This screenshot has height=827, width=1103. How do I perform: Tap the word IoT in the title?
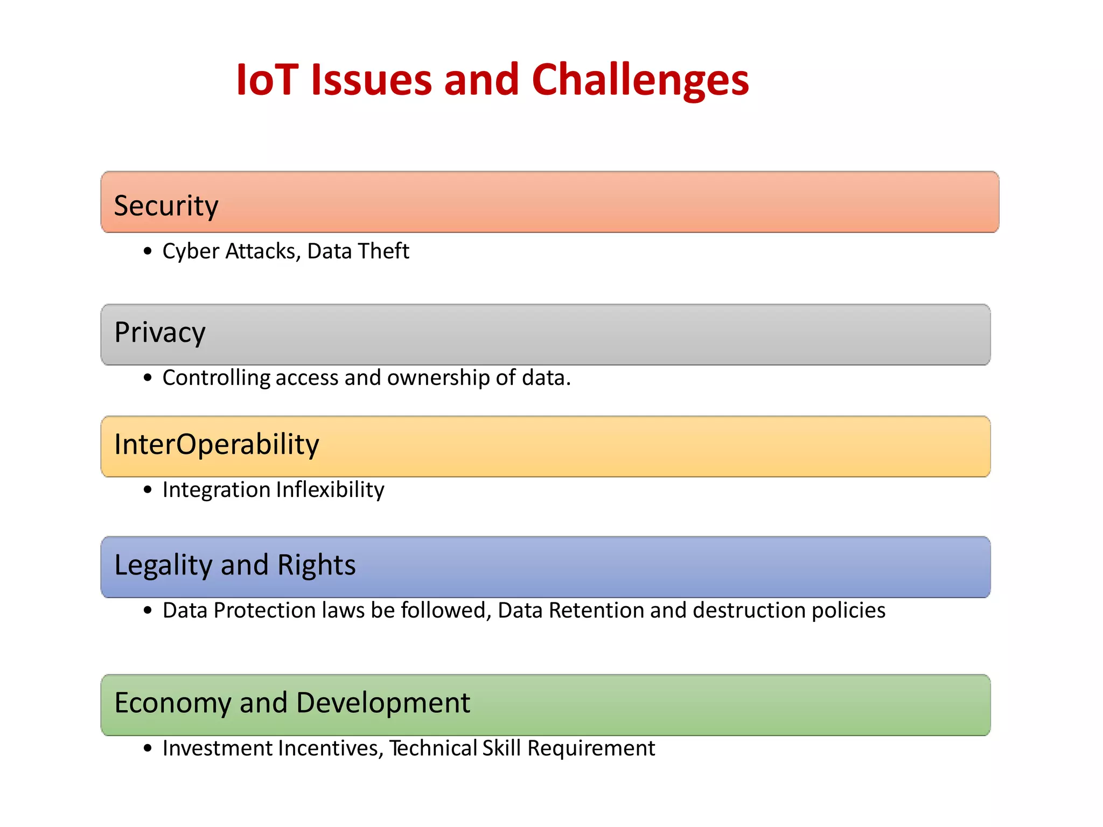[x=267, y=81]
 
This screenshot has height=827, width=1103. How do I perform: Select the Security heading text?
[x=166, y=206]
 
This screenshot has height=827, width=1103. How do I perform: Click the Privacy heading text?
[x=159, y=333]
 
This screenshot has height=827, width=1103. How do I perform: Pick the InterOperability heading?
[x=217, y=445]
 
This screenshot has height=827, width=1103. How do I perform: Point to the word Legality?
[x=163, y=565]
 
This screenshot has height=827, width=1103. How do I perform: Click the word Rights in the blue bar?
[x=316, y=565]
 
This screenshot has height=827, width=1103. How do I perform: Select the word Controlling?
[x=216, y=378]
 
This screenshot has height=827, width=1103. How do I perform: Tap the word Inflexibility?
[x=330, y=490]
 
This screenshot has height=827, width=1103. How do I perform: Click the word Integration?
[x=217, y=490]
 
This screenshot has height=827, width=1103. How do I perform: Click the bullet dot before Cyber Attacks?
[x=148, y=251]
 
